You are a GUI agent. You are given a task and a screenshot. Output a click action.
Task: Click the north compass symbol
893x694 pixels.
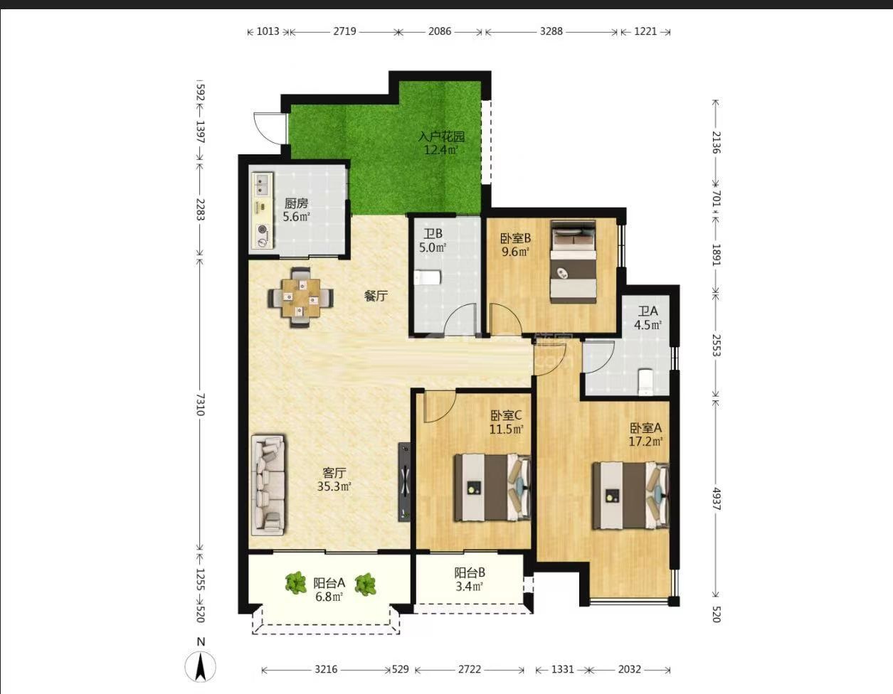(200, 666)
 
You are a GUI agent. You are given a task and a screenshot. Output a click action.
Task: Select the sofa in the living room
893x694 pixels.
(268, 485)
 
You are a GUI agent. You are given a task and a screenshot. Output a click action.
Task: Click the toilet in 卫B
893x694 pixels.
(428, 277)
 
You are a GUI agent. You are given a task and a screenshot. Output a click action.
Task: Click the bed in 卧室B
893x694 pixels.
(574, 262)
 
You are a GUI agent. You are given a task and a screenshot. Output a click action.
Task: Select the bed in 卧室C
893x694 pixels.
(492, 488)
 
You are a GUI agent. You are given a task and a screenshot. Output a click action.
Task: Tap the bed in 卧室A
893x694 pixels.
(630, 495)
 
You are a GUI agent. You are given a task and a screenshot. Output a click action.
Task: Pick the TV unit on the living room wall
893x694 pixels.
(404, 481)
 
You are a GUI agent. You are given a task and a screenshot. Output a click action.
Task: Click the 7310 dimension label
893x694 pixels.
(200, 405)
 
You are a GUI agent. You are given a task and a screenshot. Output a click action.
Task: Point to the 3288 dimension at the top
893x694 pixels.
(551, 31)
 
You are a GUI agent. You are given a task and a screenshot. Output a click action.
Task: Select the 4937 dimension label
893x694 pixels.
(716, 499)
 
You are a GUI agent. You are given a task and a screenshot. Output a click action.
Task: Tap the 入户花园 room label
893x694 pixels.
(441, 137)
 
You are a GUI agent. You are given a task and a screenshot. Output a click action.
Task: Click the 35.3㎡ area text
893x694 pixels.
(334, 486)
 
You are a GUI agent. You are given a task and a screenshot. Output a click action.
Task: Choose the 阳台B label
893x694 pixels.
(470, 572)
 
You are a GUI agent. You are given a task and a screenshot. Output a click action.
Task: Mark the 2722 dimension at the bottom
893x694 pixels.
(470, 669)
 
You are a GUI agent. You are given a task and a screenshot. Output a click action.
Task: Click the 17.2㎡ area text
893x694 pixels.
(645, 442)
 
